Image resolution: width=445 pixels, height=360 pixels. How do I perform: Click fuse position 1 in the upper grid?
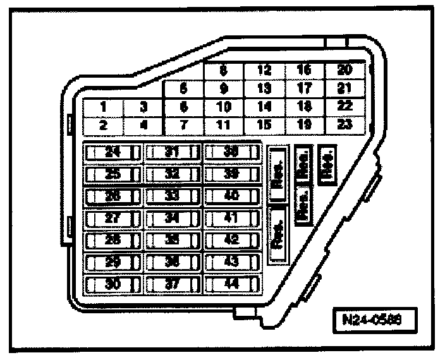103,107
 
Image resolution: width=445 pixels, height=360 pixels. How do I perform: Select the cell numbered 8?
223,71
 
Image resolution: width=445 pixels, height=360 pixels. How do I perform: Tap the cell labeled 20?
344,71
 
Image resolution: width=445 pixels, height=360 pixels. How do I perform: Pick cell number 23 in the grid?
344,124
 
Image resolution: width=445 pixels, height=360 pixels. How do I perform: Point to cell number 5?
183,89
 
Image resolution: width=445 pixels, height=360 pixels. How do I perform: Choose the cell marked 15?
264,124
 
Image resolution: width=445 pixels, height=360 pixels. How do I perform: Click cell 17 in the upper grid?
304,89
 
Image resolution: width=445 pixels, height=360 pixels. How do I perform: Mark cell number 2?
103,124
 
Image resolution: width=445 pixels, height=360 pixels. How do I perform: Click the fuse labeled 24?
112,152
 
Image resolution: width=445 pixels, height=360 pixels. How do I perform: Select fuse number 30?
112,284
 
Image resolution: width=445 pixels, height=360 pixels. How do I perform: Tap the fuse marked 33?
172,196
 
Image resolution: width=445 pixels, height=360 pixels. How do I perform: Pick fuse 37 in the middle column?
172,284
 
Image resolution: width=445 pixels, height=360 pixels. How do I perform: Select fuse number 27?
112,218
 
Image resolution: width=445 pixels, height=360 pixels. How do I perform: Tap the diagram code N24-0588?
376,320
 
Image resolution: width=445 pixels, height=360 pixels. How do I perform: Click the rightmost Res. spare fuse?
328,164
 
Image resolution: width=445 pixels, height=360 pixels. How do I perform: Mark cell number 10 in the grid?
223,107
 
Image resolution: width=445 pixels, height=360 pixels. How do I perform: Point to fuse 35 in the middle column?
172,240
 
